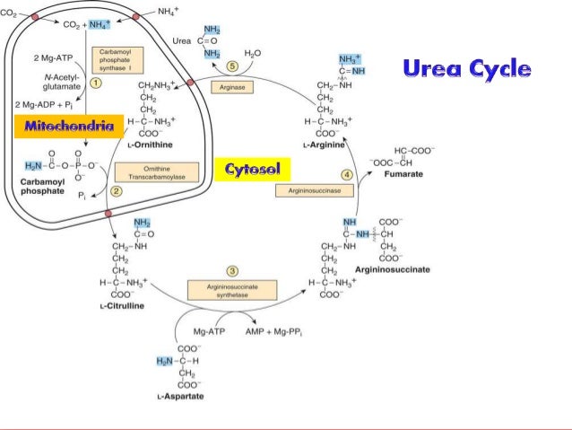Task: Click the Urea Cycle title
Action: [x=466, y=68]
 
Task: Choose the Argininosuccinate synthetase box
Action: [x=231, y=289]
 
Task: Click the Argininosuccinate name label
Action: [x=392, y=269]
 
